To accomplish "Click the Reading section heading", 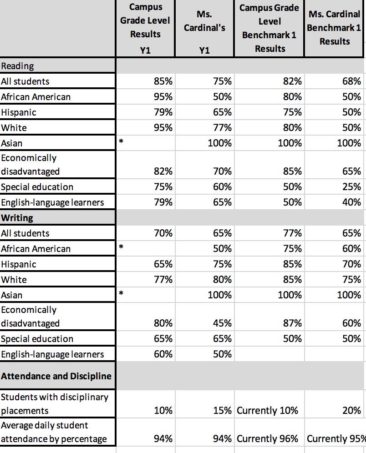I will [x=18, y=66].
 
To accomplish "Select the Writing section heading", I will [x=17, y=218].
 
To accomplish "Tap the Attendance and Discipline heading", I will [x=56, y=376].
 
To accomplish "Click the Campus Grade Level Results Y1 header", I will [x=145, y=28].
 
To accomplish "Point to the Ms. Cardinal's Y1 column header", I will [x=204, y=28].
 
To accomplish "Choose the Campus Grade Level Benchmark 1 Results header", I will [x=269, y=28].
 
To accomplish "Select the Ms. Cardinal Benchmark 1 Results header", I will [x=335, y=28].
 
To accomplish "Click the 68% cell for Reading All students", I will [x=351, y=81].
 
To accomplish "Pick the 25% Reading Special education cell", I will [x=351, y=187].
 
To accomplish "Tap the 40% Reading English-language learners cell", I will [x=351, y=202].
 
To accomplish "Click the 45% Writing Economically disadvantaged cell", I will [x=222, y=323].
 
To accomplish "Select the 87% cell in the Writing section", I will [x=292, y=323].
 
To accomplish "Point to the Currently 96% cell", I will [x=268, y=439].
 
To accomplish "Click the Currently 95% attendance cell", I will [x=336, y=439].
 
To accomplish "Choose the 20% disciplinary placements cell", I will [x=351, y=411].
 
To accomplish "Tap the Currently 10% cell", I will [x=268, y=411].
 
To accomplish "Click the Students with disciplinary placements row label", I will [x=55, y=404].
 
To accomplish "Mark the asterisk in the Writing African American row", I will [x=121, y=248].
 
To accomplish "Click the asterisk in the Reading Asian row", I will [x=121, y=142].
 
